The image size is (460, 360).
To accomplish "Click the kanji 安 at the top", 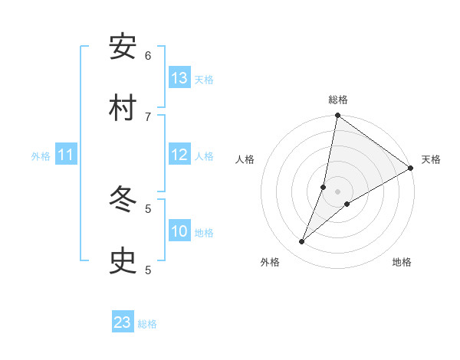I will click(x=123, y=47).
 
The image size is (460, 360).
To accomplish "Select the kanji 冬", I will click(x=123, y=200).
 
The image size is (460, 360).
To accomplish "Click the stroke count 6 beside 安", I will click(x=148, y=55).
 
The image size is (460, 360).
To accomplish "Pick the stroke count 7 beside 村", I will click(x=148, y=116).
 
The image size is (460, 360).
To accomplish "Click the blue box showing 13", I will click(x=179, y=78).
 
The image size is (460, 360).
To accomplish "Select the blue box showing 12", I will click(x=179, y=155).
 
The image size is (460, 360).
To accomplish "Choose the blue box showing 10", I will click(x=179, y=231).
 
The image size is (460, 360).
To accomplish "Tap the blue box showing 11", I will click(x=66, y=155).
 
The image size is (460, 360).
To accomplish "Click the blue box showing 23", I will click(x=122, y=322).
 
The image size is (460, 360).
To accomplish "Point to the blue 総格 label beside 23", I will click(x=147, y=324).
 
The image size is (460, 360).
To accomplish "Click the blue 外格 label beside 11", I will click(x=41, y=156).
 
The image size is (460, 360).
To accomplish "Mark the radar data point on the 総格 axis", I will click(x=337, y=116).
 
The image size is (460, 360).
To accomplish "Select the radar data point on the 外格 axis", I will click(x=301, y=242).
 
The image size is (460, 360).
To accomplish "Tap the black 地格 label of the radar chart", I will click(x=402, y=263).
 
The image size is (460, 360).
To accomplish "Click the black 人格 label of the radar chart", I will click(x=245, y=159).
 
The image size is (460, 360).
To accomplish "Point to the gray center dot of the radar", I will click(x=337, y=191).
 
